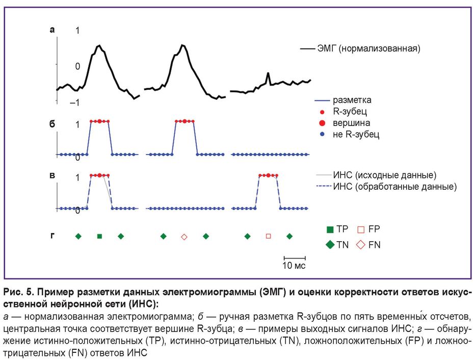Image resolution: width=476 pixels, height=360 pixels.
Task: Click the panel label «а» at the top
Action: [x=51, y=30]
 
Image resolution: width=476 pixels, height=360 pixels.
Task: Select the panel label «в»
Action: [x=51, y=175]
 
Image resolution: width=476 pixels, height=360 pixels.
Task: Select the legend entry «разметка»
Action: [x=352, y=100]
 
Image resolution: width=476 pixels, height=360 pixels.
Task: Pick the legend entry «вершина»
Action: [x=352, y=123]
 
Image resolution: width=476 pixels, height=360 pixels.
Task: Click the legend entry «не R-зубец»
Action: [x=356, y=135]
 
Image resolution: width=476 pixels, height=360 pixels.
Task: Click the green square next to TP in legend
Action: [x=330, y=230]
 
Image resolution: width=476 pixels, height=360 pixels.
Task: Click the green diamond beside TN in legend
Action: [x=330, y=245]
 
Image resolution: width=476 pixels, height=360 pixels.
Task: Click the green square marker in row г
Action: [x=99, y=236]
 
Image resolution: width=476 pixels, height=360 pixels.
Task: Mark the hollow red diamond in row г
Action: [x=184, y=237]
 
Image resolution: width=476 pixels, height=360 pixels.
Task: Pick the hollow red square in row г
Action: [x=269, y=236]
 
